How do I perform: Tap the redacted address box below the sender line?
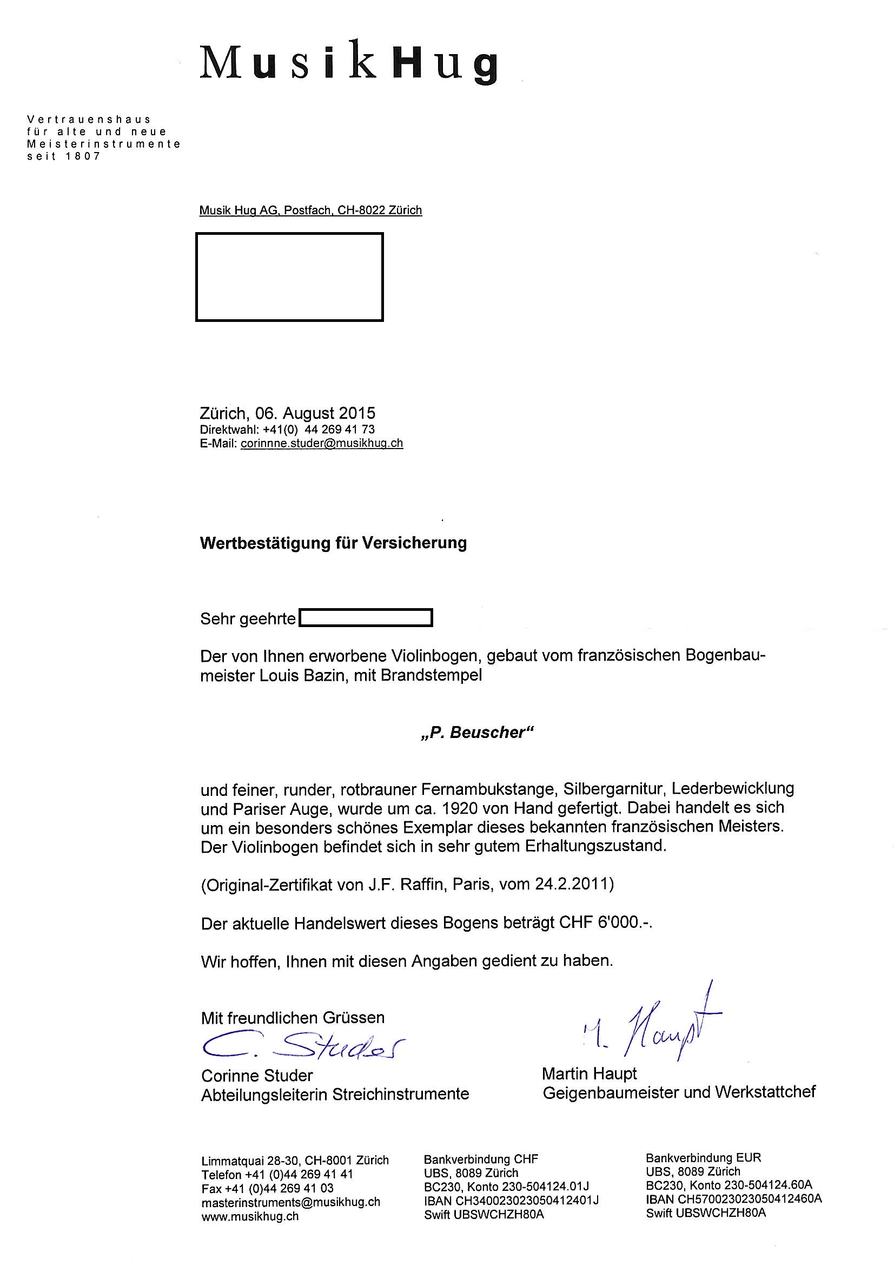pyautogui.click(x=289, y=276)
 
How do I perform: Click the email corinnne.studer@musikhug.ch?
pyautogui.click(x=322, y=444)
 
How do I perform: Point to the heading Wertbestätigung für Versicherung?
pyautogui.click(x=333, y=543)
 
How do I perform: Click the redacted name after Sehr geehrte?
pyautogui.click(x=365, y=618)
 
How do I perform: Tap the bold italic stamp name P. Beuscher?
pyautogui.click(x=478, y=733)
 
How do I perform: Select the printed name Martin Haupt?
pyautogui.click(x=589, y=1073)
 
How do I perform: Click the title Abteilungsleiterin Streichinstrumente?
pyautogui.click(x=335, y=1093)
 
